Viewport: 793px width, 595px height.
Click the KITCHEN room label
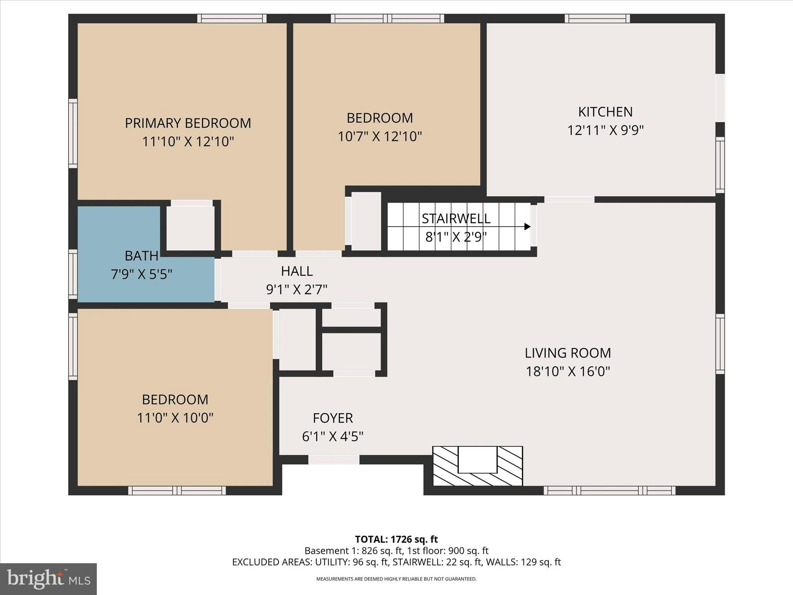click(x=605, y=112)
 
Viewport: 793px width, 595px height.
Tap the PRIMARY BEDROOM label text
click(x=188, y=123)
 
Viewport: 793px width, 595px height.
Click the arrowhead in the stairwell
click(x=527, y=227)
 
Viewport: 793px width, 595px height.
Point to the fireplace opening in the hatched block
click(x=477, y=459)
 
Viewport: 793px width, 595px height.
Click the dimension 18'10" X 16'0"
click(x=568, y=371)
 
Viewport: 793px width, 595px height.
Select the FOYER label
click(x=333, y=418)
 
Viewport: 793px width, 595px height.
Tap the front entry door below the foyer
click(x=334, y=460)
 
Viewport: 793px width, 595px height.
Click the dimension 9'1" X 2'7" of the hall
click(x=297, y=289)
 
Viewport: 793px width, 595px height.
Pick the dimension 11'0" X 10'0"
click(x=175, y=418)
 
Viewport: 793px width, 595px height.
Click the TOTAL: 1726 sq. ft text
click(x=396, y=539)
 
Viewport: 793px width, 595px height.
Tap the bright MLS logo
click(x=48, y=579)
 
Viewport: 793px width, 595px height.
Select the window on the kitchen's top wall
click(x=597, y=19)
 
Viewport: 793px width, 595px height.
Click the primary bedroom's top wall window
click(x=232, y=19)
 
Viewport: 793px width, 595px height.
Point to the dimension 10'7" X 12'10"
click(x=379, y=136)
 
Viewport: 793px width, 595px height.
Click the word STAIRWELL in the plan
click(x=456, y=218)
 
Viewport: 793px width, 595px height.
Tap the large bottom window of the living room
click(x=609, y=490)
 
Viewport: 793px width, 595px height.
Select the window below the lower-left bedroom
click(x=177, y=490)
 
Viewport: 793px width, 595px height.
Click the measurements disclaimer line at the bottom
click(x=396, y=579)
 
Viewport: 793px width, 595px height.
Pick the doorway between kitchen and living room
click(x=569, y=199)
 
